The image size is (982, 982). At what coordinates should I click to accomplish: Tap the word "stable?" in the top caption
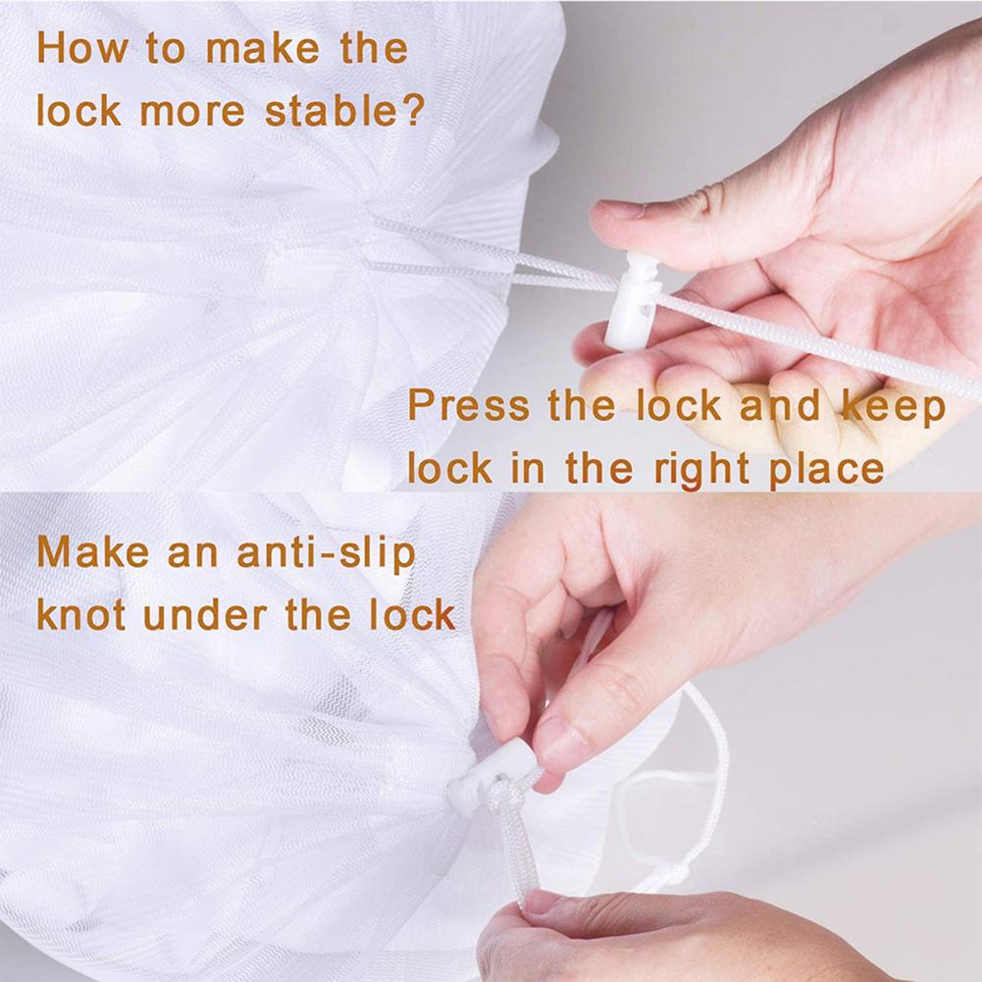pyautogui.click(x=345, y=111)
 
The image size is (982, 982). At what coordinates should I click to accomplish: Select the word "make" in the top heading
pyautogui.click(x=262, y=48)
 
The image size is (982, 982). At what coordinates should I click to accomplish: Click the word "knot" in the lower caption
pyautogui.click(x=81, y=614)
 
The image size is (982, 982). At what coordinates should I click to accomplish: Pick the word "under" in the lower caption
pyautogui.click(x=205, y=616)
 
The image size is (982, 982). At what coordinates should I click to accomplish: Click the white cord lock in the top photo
pyautogui.click(x=632, y=300)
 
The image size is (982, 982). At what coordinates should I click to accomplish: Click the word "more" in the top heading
pyautogui.click(x=191, y=112)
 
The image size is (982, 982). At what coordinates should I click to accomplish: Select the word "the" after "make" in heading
pyautogui.click(x=374, y=48)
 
